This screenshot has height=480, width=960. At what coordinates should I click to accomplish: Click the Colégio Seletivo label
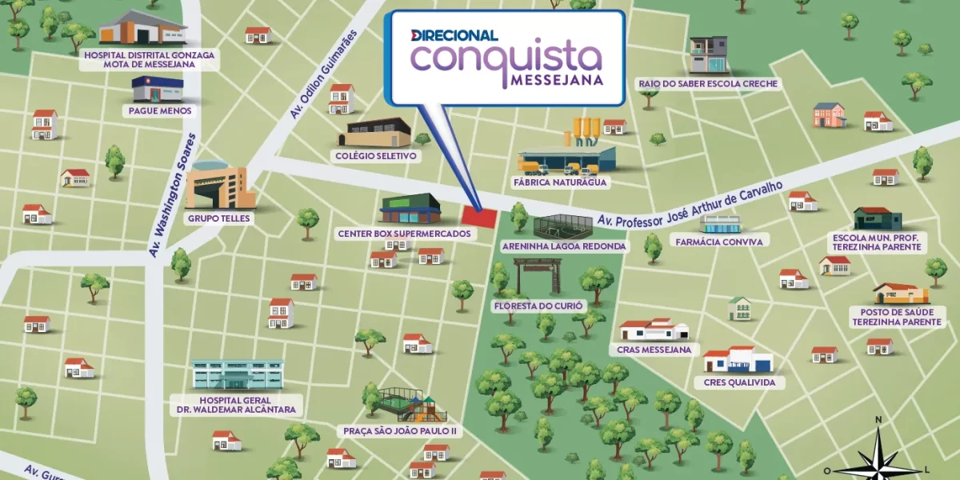point(377,156)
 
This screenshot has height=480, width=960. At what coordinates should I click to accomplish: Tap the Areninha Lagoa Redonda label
point(563,246)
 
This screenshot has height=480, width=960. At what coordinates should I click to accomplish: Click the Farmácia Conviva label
point(719,241)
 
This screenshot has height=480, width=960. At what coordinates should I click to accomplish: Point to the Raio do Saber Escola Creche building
point(709,55)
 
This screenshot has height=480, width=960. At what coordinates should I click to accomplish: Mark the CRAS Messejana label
point(654,350)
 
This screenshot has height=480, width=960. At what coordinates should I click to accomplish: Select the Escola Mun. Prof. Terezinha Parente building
point(877,218)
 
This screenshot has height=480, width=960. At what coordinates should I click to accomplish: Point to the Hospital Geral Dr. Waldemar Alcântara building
point(237,374)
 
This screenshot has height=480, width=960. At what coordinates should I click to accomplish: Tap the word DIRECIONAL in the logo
point(454,35)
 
